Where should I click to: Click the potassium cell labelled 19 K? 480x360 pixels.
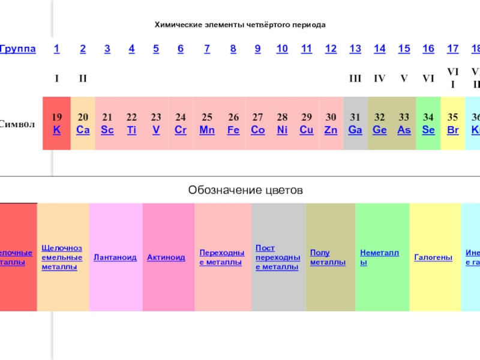[56, 123]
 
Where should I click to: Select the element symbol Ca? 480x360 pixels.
[83, 130]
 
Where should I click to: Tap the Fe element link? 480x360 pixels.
[233, 130]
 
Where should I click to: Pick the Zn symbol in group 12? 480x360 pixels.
[331, 130]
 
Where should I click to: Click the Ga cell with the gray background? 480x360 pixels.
[355, 124]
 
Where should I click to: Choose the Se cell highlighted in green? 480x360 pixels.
[428, 124]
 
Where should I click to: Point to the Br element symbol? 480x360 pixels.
[453, 130]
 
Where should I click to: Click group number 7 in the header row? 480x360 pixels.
[207, 49]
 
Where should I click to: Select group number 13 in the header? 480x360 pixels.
[355, 49]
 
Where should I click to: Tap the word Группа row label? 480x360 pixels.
[17, 49]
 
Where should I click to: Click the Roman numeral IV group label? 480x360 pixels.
[379, 78]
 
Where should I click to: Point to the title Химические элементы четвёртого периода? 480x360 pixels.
[240, 25]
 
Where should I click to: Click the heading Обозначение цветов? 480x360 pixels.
[245, 190]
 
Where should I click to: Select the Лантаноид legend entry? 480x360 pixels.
[115, 257]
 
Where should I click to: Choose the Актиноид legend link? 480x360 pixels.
[166, 257]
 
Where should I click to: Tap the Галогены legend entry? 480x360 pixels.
[433, 257]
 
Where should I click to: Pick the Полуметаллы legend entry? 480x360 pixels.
[328, 257]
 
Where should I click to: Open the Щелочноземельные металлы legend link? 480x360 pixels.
[62, 257]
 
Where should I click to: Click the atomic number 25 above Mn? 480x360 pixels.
[207, 117]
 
